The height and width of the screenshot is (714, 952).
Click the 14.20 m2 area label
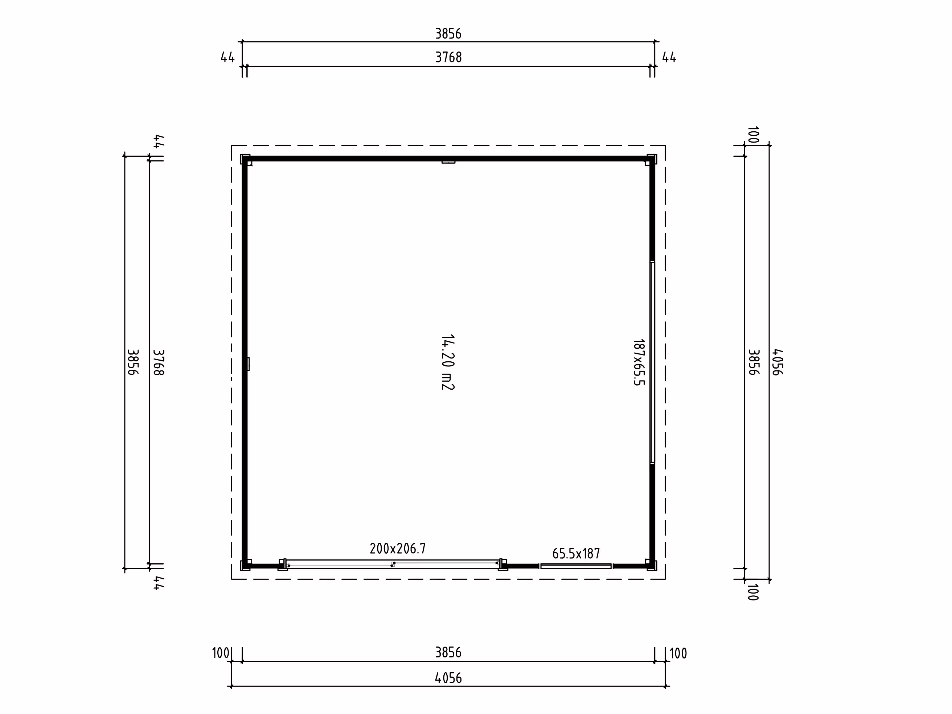[448, 362]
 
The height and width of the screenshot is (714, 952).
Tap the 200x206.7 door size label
[398, 548]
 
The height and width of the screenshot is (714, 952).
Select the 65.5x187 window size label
[576, 554]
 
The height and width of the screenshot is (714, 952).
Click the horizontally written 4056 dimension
[448, 678]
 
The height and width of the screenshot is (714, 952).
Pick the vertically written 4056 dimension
[777, 362]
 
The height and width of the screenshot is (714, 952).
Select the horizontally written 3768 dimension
[448, 57]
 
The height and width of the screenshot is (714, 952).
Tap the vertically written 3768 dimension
[159, 362]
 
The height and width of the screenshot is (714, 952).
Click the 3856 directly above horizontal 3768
[448, 34]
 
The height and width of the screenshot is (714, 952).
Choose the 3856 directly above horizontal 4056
[448, 652]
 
